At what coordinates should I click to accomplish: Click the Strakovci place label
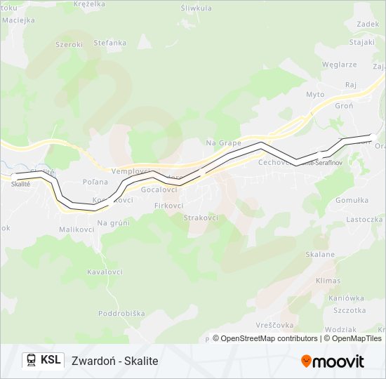pos(201,218)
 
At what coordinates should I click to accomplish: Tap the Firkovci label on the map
pos(168,206)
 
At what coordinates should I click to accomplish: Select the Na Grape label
pos(223,143)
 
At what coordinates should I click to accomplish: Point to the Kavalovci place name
pos(105,272)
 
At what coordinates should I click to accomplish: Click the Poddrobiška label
pos(121,313)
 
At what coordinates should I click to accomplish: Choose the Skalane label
pos(321,255)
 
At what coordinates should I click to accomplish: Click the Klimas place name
pos(328,280)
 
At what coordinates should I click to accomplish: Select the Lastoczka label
pos(364,219)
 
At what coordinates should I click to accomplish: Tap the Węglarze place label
pos(340,64)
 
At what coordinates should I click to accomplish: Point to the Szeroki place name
pos(69,44)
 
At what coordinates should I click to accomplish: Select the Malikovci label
pos(77,230)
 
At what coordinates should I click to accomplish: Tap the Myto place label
pos(315,94)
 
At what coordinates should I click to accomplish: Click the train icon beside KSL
pos(32,360)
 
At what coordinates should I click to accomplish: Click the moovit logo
pos(333,361)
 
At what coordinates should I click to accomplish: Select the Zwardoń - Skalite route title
pos(115,361)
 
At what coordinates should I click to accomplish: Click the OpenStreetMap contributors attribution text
pos(269,338)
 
